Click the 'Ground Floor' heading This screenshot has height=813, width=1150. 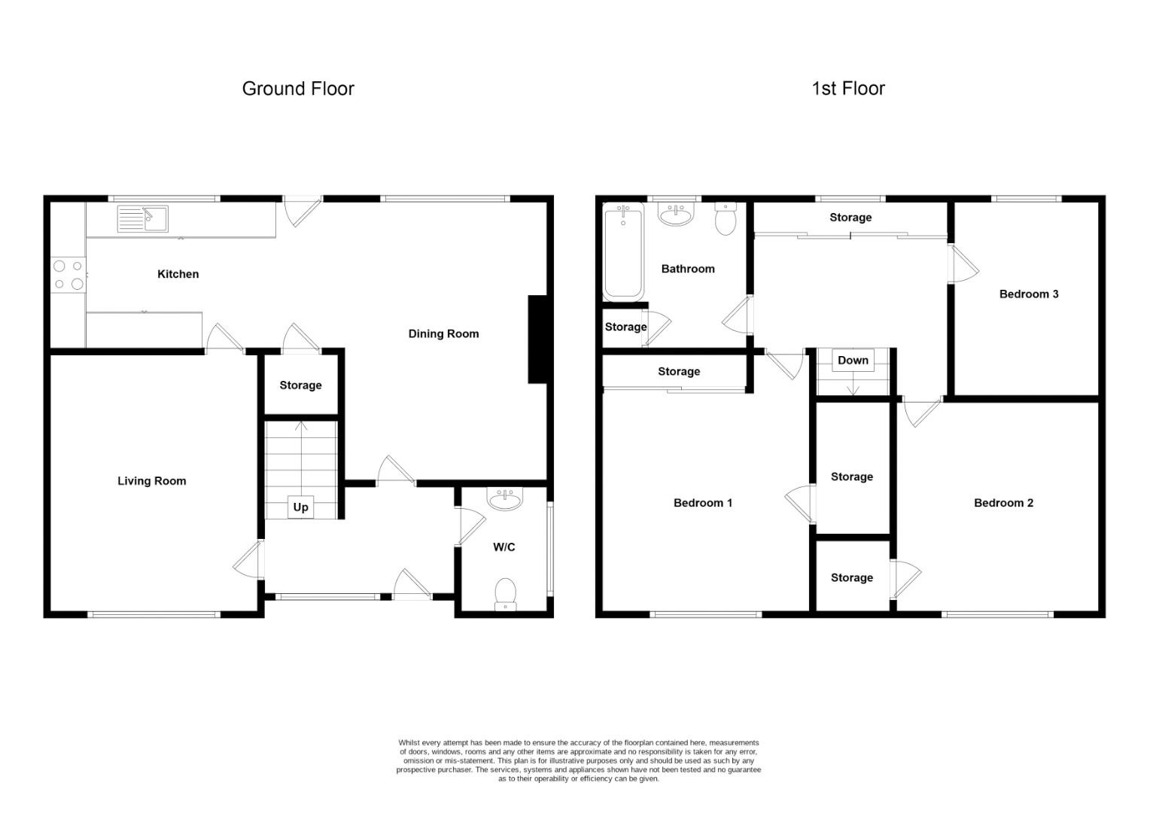click(x=298, y=89)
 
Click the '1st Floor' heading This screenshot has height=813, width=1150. click(x=847, y=89)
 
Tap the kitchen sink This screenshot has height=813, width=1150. click(x=143, y=219)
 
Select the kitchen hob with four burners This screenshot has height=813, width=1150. click(x=67, y=275)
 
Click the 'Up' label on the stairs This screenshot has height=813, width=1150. click(x=300, y=507)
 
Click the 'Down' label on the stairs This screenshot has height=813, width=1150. click(x=853, y=361)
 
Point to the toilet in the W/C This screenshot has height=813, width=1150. click(x=505, y=593)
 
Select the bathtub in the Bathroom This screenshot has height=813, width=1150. click(x=623, y=252)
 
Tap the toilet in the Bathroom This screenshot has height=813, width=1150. click(x=726, y=218)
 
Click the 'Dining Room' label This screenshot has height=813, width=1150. click(x=443, y=334)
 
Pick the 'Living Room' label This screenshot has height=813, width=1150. click(x=151, y=481)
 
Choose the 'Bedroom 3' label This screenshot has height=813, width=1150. click(x=1028, y=294)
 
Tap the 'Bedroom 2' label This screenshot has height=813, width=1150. click(x=1003, y=503)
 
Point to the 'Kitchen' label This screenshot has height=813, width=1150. click(x=178, y=274)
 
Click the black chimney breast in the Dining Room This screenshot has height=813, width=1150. click(x=537, y=340)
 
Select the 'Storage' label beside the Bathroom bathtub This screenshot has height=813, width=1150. click(x=625, y=327)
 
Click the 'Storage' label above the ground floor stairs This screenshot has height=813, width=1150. click(x=300, y=385)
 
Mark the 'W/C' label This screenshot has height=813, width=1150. click(x=504, y=547)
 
